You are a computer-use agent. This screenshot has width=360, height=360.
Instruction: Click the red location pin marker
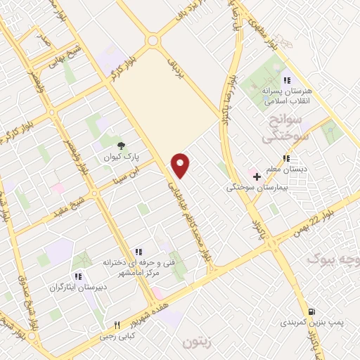coord(181,165)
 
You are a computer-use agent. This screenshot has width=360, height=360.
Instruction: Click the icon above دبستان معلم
coord(285,158)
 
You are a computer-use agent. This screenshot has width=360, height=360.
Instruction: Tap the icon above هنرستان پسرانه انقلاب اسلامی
coord(285,79)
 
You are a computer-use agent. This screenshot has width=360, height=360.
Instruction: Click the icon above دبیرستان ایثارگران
coord(78,276)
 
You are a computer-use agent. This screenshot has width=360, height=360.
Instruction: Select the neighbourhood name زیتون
coord(196,343)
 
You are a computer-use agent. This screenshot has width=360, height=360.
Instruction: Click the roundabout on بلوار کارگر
coord(153,41)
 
